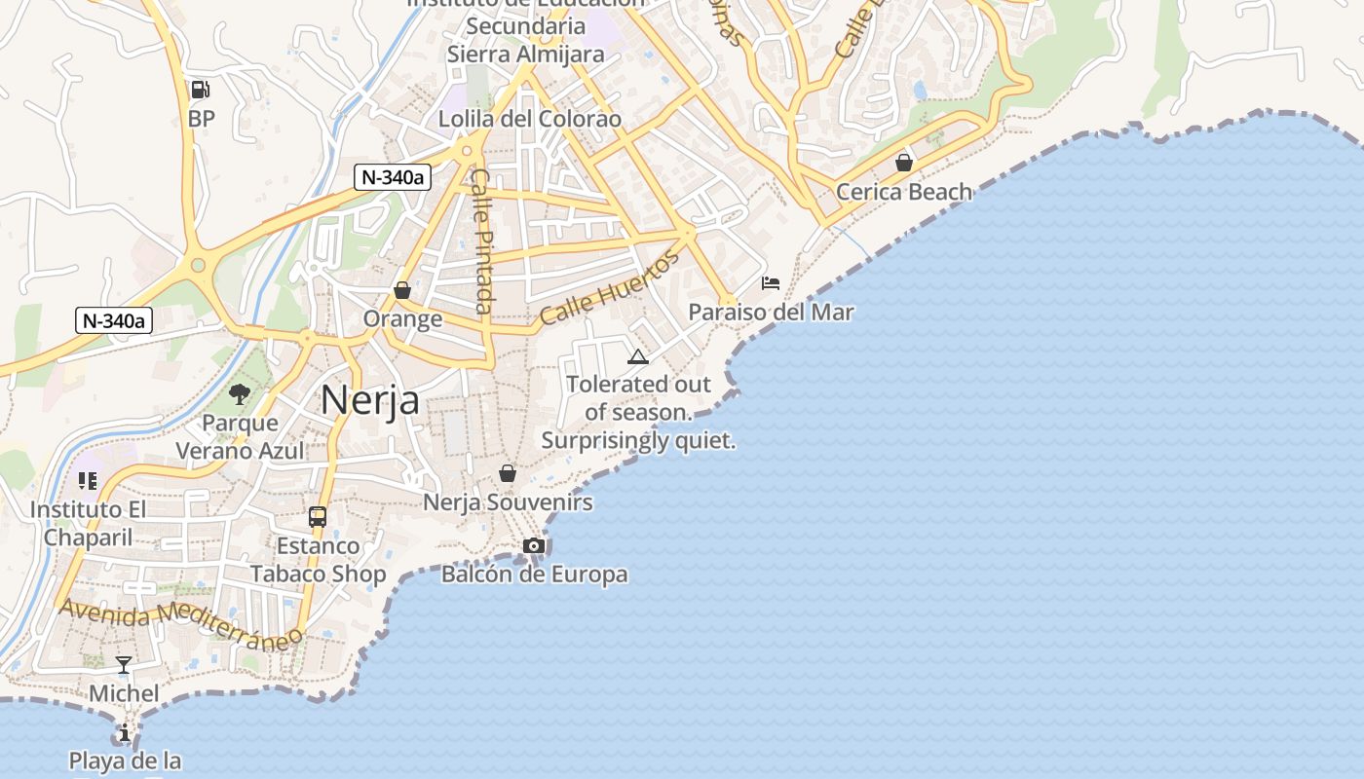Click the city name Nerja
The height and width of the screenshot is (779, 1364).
pos(370,400)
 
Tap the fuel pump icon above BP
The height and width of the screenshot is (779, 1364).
pos(201,90)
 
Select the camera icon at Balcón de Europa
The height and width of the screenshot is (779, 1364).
pos(534,545)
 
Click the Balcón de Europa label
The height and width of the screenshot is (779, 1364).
pos(534,575)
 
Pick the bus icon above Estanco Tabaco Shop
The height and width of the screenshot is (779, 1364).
pos(318,517)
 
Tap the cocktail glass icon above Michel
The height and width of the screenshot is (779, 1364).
pos(124,665)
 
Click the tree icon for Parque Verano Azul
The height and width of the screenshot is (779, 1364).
pos(240,394)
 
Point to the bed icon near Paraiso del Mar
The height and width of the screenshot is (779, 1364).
pos(771,283)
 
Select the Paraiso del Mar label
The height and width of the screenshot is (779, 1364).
pos(771,313)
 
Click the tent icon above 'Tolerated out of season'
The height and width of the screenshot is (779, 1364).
pos(638,356)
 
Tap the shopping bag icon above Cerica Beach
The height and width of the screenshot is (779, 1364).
pos(904,163)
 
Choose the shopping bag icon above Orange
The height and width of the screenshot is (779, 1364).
pos(402,290)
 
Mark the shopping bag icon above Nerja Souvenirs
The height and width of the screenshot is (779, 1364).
pos(508,473)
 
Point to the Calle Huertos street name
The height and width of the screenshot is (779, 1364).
pos(609,288)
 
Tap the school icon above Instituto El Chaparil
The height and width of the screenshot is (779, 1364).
pos(88,481)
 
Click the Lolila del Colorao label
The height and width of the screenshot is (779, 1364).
pos(530,120)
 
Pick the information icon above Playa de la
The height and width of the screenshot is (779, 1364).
pos(125,732)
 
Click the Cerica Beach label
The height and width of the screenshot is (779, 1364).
pos(904,192)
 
